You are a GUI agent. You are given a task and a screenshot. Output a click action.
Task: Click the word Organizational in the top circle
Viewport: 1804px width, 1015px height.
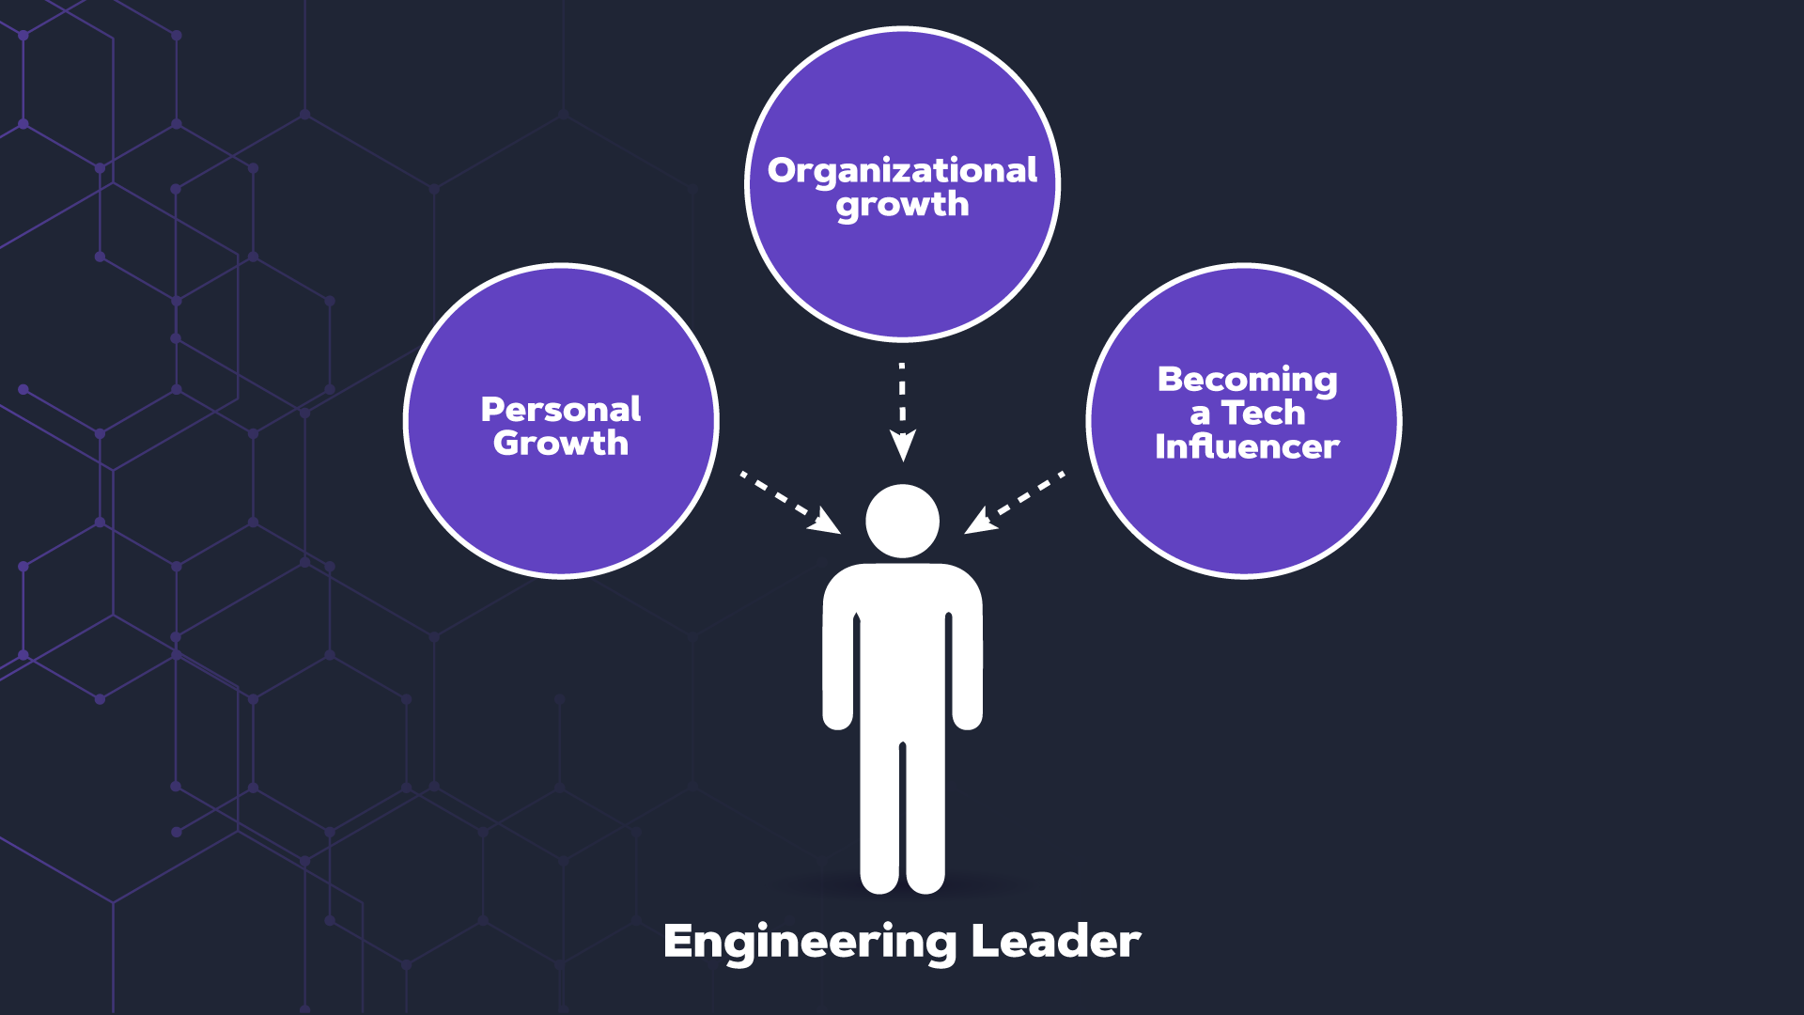[x=902, y=170]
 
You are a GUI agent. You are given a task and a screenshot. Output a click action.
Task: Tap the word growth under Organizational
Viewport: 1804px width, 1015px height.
[x=902, y=205]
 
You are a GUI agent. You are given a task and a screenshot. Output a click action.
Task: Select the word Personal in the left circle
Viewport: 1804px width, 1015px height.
[x=561, y=409]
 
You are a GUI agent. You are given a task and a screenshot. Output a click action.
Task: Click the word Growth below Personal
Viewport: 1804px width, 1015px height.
[x=561, y=443]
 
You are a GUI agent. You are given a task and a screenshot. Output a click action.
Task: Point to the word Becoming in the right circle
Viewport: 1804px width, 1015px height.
[x=1247, y=379]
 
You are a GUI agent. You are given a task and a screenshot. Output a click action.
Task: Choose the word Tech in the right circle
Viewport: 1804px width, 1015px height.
[x=1263, y=413]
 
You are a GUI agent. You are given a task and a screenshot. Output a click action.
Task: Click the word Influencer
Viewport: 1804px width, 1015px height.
[x=1247, y=446]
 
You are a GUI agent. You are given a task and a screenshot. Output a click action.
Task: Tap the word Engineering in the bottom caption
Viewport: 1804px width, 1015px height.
[x=809, y=942]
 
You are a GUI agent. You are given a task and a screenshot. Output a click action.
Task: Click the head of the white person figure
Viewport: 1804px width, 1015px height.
[x=902, y=521]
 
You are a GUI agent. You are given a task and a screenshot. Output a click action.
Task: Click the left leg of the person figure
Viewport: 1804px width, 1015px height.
[x=880, y=818]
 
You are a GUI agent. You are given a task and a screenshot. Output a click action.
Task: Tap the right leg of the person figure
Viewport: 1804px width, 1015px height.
[x=925, y=818]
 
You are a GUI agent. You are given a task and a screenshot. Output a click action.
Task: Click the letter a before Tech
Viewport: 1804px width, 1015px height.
[x=1200, y=414]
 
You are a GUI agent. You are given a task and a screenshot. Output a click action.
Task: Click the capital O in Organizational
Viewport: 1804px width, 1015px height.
[x=782, y=170]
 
